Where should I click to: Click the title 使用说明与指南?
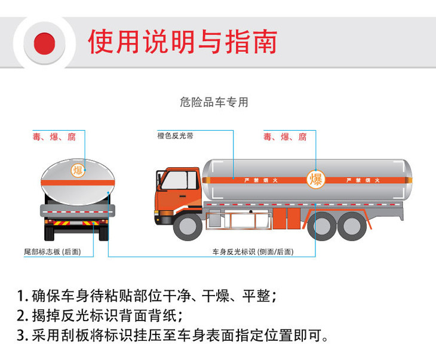click(183, 42)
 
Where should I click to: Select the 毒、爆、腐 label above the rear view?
click(54, 137)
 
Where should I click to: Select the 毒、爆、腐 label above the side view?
click(285, 137)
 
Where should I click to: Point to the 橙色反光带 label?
click(175, 136)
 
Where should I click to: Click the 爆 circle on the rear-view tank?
click(78, 170)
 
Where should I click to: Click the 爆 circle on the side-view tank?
click(316, 179)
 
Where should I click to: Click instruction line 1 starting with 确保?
click(146, 296)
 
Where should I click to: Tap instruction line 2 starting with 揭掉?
click(100, 315)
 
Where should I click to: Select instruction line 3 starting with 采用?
click(173, 335)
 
